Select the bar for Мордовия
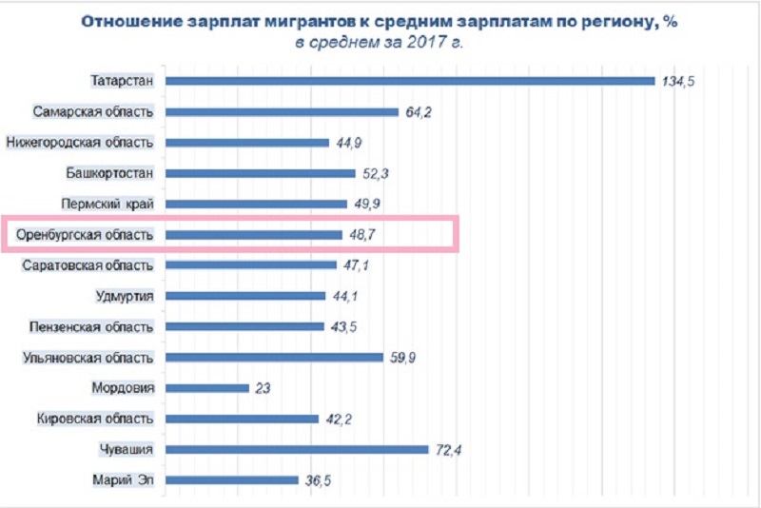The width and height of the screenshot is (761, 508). coord(207,388)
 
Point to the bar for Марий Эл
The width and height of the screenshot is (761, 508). coord(232,480)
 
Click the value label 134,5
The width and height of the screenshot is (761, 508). coord(679,82)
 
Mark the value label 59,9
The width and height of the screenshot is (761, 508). coord(402,358)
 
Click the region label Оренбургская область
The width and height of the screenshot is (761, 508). coord(86,234)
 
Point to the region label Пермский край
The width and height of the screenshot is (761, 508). coord(119,204)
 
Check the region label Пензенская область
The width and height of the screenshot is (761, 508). coord(92,326)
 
